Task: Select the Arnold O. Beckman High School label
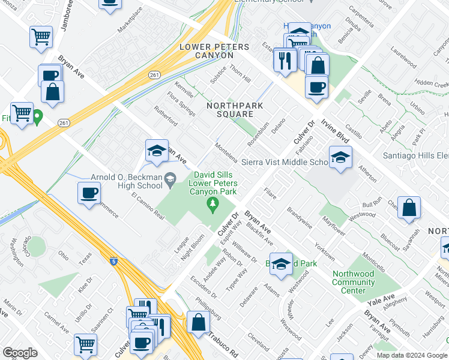pyautogui.click(x=126, y=182)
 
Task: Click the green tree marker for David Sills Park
pyautogui.click(x=212, y=206)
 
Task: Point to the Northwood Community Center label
pyautogui.click(x=354, y=282)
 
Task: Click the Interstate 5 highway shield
pyautogui.click(x=113, y=261)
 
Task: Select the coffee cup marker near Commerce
pyautogui.click(x=89, y=193)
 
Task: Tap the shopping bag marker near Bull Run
pyautogui.click(x=409, y=208)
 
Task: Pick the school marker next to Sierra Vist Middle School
pyautogui.click(x=341, y=158)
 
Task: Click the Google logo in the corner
pyautogui.click(x=20, y=353)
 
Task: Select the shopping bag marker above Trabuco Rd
pyautogui.click(x=198, y=322)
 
